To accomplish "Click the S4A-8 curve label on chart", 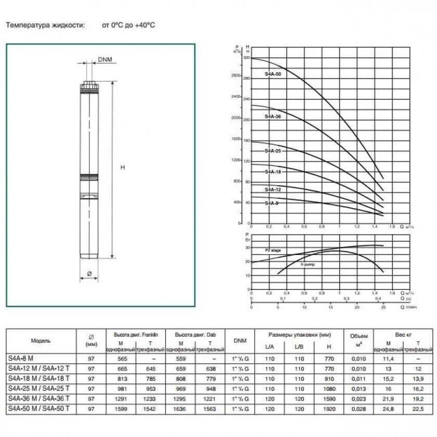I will tap(271, 203).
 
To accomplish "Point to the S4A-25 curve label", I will tap(273, 151).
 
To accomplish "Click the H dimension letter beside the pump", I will tap(122, 168).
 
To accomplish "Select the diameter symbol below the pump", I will tap(89, 274).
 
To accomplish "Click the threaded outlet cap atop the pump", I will tap(89, 85).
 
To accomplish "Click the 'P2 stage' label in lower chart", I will tap(273, 250).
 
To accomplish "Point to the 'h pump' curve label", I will tap(308, 264).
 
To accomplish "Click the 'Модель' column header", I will tap(41, 341).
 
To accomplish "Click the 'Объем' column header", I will tap(358, 337).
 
